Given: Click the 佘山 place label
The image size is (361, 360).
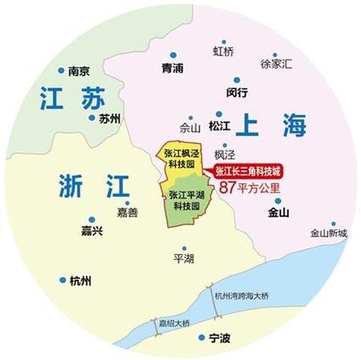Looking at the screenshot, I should click(x=191, y=128).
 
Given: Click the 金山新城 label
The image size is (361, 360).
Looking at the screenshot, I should click(x=328, y=232).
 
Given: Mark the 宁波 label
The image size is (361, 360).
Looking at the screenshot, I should click(x=219, y=339).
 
